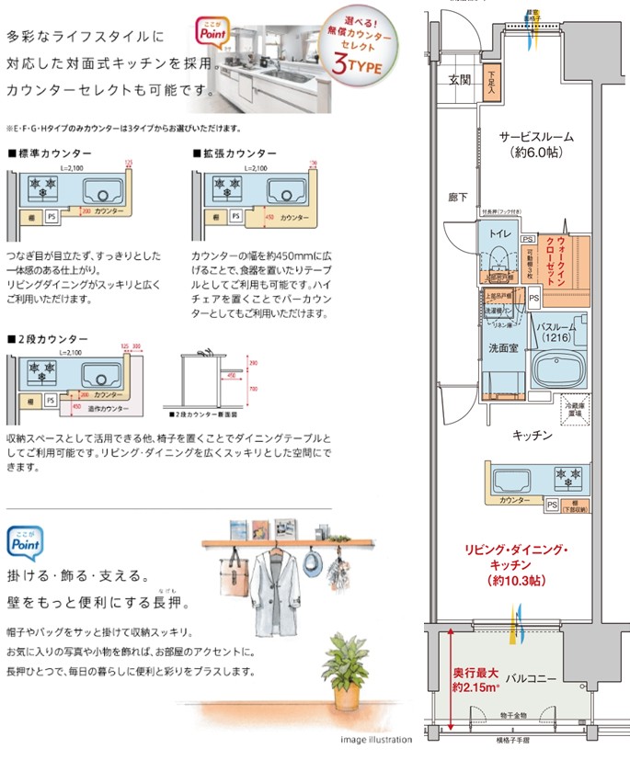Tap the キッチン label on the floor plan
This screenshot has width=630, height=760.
533,435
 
